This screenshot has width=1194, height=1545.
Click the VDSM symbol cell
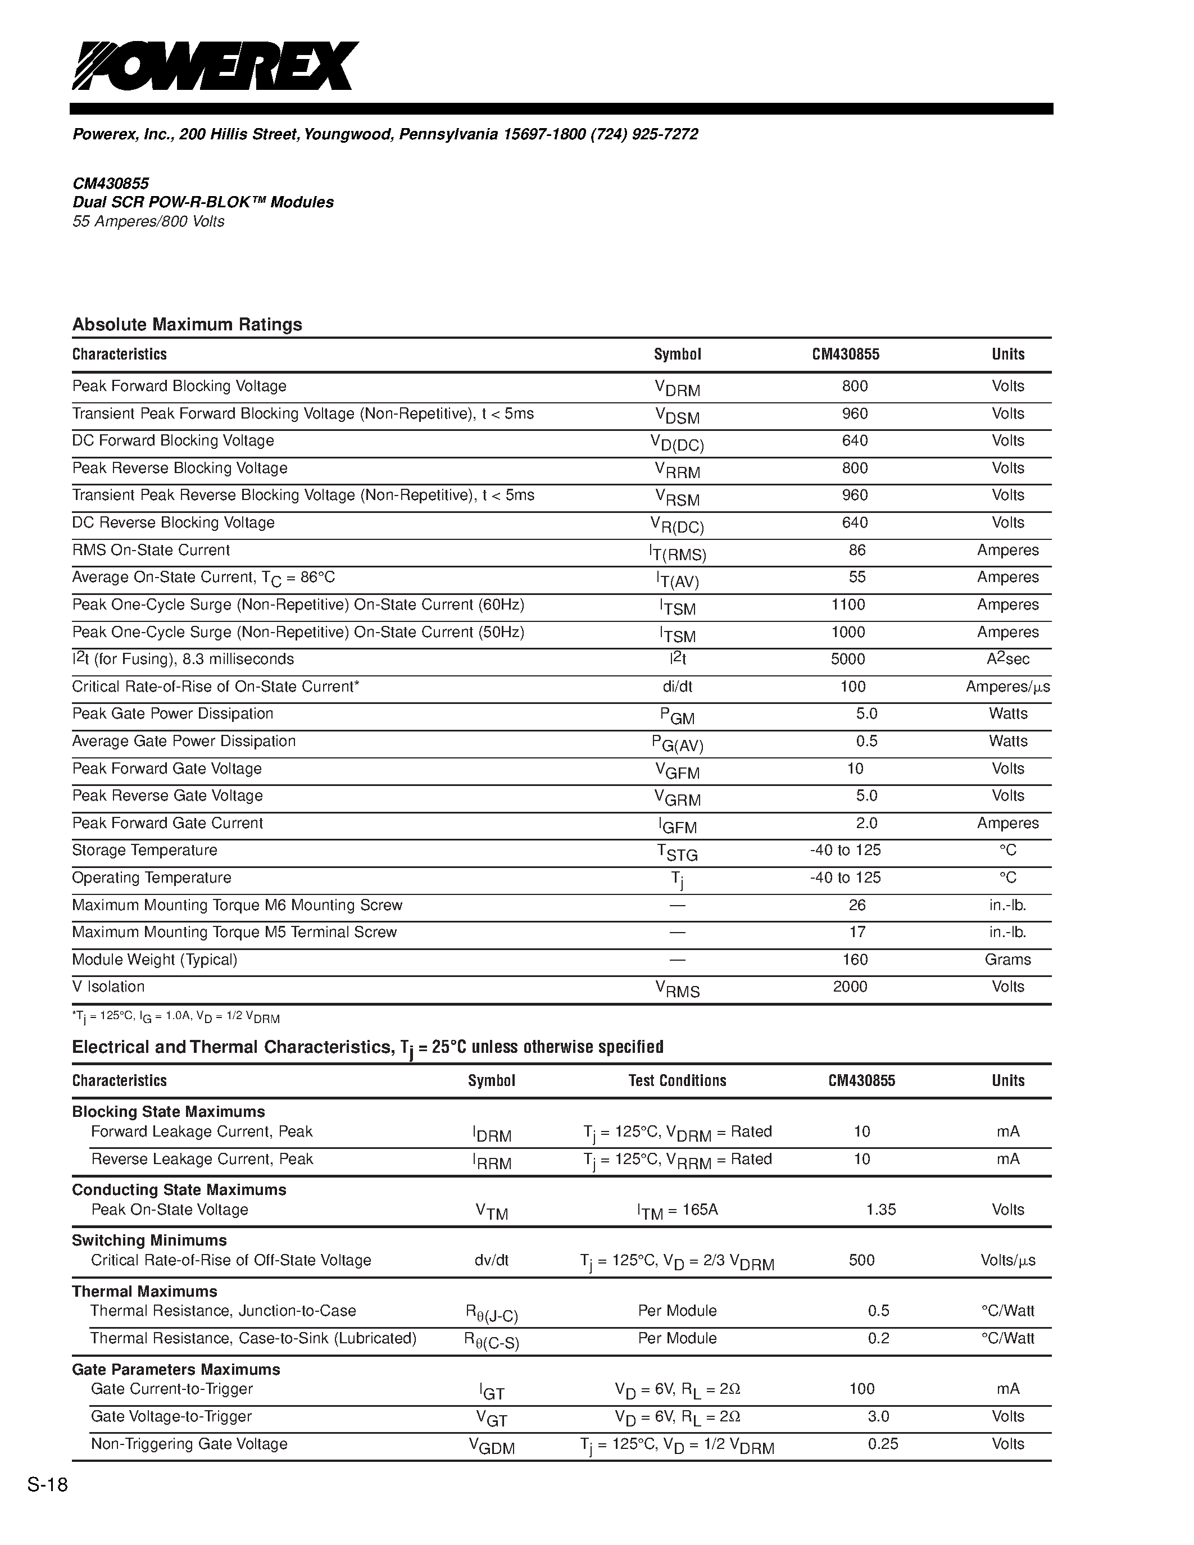(677, 415)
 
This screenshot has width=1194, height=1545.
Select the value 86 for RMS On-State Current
(857, 551)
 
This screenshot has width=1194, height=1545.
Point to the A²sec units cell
(1007, 660)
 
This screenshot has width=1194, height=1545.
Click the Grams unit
(1007, 960)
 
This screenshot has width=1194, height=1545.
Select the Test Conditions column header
(677, 1080)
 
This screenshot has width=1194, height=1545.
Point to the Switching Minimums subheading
(149, 1240)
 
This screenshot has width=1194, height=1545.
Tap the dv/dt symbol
(491, 1261)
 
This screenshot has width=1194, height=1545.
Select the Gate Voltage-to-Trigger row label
(171, 1416)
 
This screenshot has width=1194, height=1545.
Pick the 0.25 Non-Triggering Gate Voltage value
(883, 1444)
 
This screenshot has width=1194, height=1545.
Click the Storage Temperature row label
(144, 851)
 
